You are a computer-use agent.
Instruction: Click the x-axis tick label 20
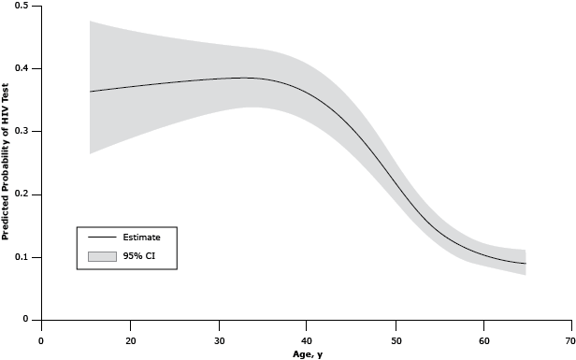pos(130,340)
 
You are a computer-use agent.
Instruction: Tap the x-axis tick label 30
pos(219,340)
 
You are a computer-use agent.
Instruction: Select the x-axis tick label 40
pos(307,340)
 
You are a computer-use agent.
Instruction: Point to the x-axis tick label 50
pos(396,340)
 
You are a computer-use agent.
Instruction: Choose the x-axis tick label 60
pos(483,340)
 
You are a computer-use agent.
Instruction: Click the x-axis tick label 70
pos(570,340)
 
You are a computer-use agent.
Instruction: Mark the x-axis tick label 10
pos(41,340)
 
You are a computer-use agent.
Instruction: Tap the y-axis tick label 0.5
pos(21,7)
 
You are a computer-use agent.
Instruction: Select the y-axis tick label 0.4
pos(21,69)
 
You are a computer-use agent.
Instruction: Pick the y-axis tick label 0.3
pos(21,132)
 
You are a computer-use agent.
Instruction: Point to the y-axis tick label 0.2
pos(21,194)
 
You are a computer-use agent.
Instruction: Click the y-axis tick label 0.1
pos(21,257)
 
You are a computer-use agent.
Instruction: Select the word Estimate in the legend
pos(142,238)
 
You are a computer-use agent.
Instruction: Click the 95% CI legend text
pos(138,255)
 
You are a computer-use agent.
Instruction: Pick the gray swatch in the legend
pos(102,255)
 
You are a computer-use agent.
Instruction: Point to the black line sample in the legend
pos(102,238)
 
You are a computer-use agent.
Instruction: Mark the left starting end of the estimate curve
pos(90,92)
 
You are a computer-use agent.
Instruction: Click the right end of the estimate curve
pos(526,264)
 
